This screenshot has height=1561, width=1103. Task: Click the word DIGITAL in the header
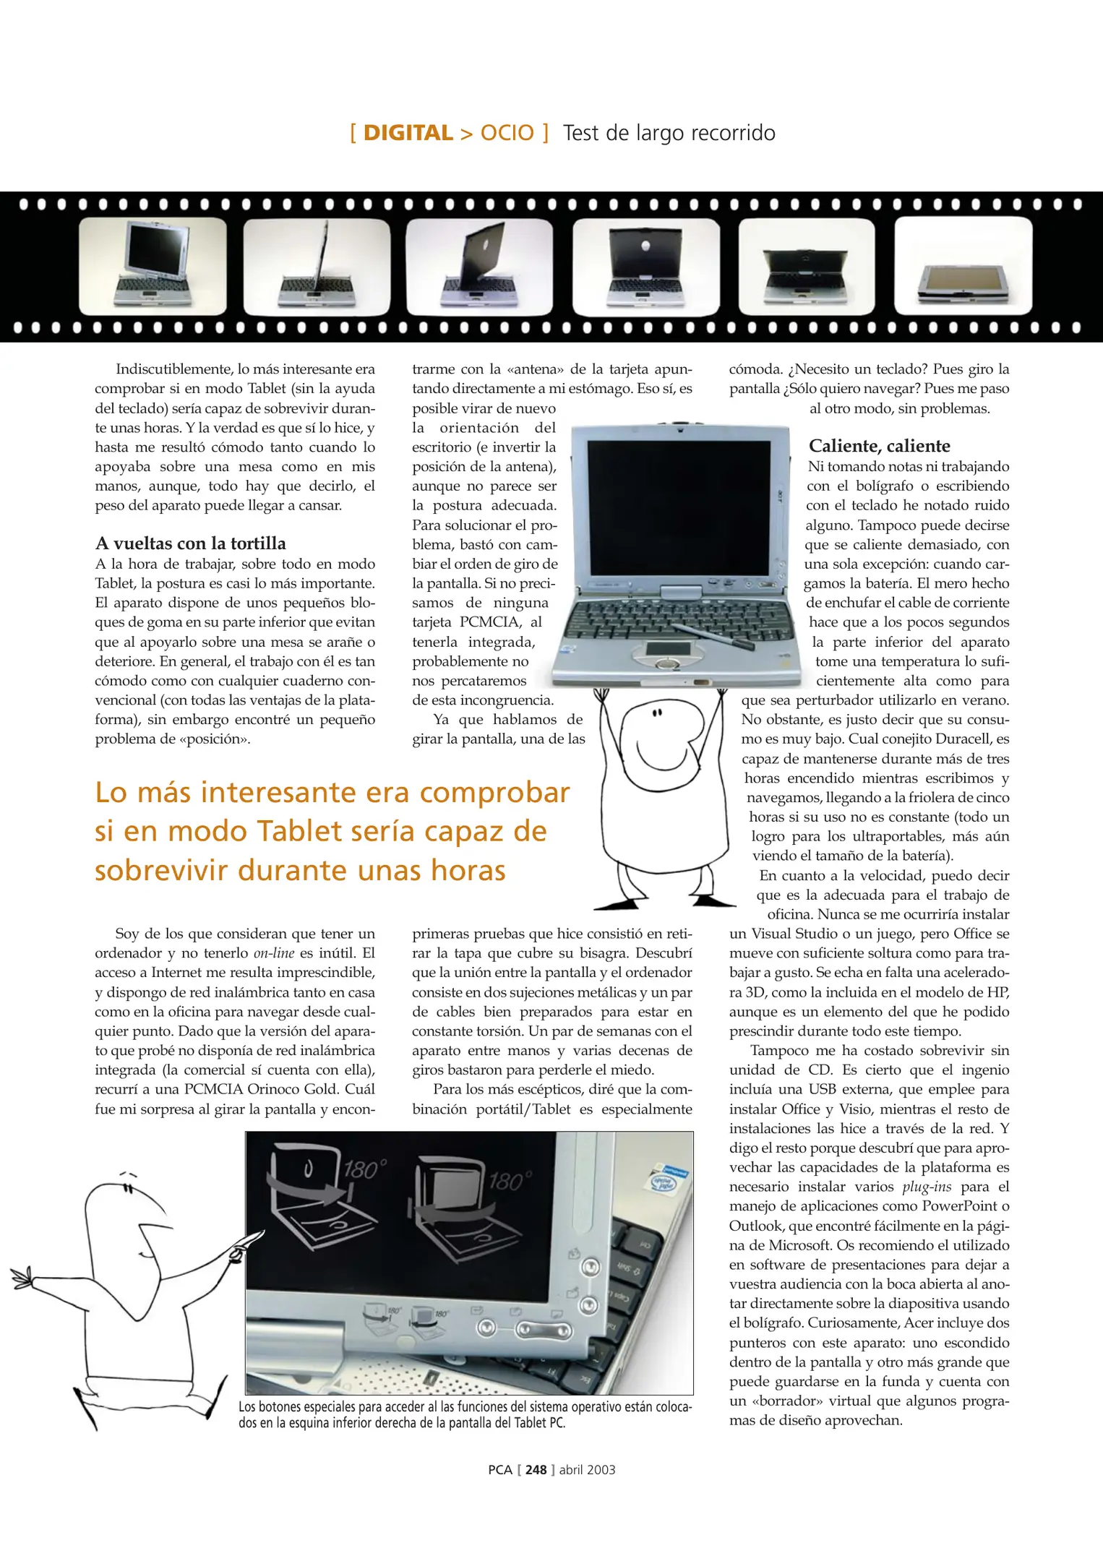coord(408,133)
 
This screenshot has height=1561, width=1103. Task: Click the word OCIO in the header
coord(507,133)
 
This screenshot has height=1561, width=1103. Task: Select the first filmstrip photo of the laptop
coord(153,266)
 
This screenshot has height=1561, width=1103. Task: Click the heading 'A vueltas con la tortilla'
coord(190,543)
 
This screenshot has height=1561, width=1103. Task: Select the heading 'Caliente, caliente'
coord(879,446)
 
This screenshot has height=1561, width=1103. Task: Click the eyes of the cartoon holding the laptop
coord(657,714)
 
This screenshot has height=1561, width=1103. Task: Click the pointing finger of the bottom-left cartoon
coord(250,1240)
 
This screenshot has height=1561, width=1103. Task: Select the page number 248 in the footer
coord(536,1469)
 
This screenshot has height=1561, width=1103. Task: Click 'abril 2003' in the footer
coord(587,1469)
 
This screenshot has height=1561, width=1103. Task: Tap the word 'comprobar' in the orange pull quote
coord(494,793)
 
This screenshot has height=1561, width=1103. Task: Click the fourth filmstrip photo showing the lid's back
coord(646,266)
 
